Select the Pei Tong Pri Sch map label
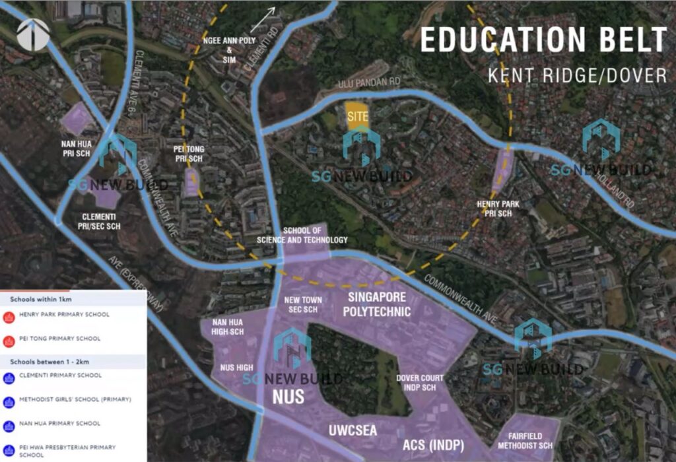(x=189, y=154)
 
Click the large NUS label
(x=288, y=397)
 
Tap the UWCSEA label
(x=353, y=431)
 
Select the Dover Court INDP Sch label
(x=420, y=382)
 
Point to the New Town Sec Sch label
(x=303, y=304)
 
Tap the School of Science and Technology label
(x=315, y=235)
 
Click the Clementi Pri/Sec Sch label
(x=101, y=220)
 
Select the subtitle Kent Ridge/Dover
(x=578, y=75)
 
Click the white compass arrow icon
(x=33, y=34)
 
